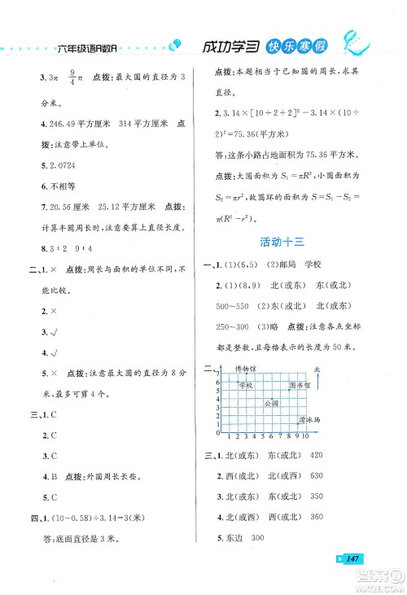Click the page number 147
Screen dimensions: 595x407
pyautogui.click(x=352, y=558)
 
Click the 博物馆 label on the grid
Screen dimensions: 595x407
pyautogui.click(x=246, y=369)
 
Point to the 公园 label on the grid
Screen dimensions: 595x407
pyautogui.click(x=270, y=403)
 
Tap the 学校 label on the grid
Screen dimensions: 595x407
pyautogui.click(x=247, y=385)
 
